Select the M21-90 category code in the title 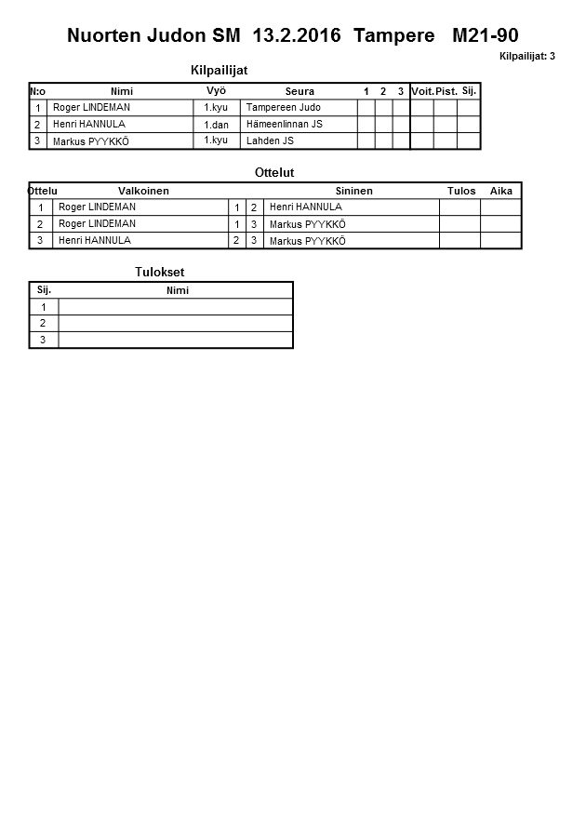[485, 36]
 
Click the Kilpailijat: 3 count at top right [526, 57]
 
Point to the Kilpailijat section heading [219, 71]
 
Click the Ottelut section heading [274, 172]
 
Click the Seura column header [300, 91]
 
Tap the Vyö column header [216, 90]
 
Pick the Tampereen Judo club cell [283, 108]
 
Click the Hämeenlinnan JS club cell [284, 125]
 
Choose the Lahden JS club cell [270, 141]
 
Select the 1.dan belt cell [216, 125]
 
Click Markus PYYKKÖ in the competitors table [90, 141]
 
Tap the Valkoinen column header [143, 191]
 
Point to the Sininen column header [353, 191]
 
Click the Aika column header [501, 191]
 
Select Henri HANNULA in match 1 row [305, 207]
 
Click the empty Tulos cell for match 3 [459, 241]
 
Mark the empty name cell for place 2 [176, 323]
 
